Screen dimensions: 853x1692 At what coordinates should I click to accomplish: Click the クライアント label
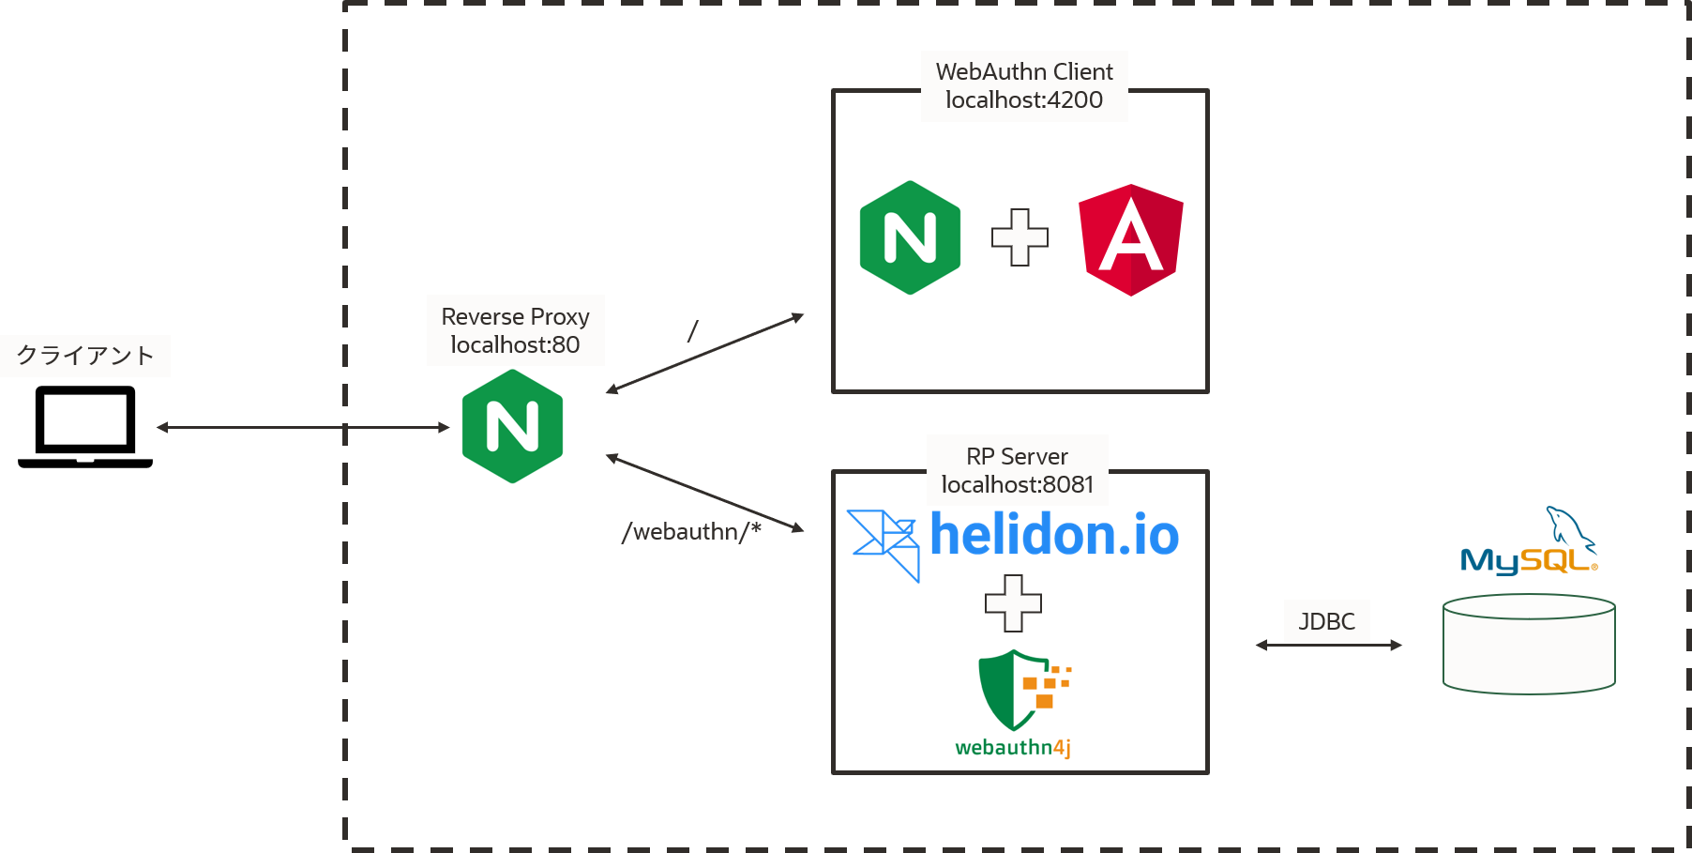click(x=85, y=356)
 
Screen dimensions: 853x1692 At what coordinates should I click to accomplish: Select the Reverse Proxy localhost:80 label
click(x=515, y=330)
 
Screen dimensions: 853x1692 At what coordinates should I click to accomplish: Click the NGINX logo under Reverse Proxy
click(x=512, y=427)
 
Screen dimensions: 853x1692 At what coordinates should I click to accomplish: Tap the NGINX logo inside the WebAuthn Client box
click(x=910, y=237)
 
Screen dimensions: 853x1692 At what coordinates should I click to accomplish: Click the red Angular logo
click(x=1130, y=239)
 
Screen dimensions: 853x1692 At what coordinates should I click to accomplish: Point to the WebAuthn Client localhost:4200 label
click(x=1024, y=85)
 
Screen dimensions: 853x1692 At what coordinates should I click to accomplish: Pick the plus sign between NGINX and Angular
click(x=1020, y=237)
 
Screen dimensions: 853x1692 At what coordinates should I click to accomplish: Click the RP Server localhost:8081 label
click(x=1017, y=470)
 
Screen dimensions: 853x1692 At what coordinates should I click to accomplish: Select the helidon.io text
click(x=1054, y=535)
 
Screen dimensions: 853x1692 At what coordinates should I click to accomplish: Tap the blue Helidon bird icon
click(x=884, y=542)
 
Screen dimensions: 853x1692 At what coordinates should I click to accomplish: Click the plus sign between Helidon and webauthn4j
click(x=1013, y=603)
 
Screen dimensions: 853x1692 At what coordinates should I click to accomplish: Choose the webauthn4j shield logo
click(x=1013, y=706)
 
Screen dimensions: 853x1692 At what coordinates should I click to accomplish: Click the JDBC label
click(x=1326, y=621)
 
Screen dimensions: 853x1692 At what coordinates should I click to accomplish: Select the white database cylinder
click(x=1529, y=645)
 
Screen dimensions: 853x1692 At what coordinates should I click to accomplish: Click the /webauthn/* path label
click(x=691, y=532)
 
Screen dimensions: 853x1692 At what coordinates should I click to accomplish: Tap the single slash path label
click(x=692, y=331)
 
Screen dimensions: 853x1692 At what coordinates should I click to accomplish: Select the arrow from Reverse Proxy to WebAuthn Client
click(x=704, y=353)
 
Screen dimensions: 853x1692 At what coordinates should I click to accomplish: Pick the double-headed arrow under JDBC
click(x=1329, y=645)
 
